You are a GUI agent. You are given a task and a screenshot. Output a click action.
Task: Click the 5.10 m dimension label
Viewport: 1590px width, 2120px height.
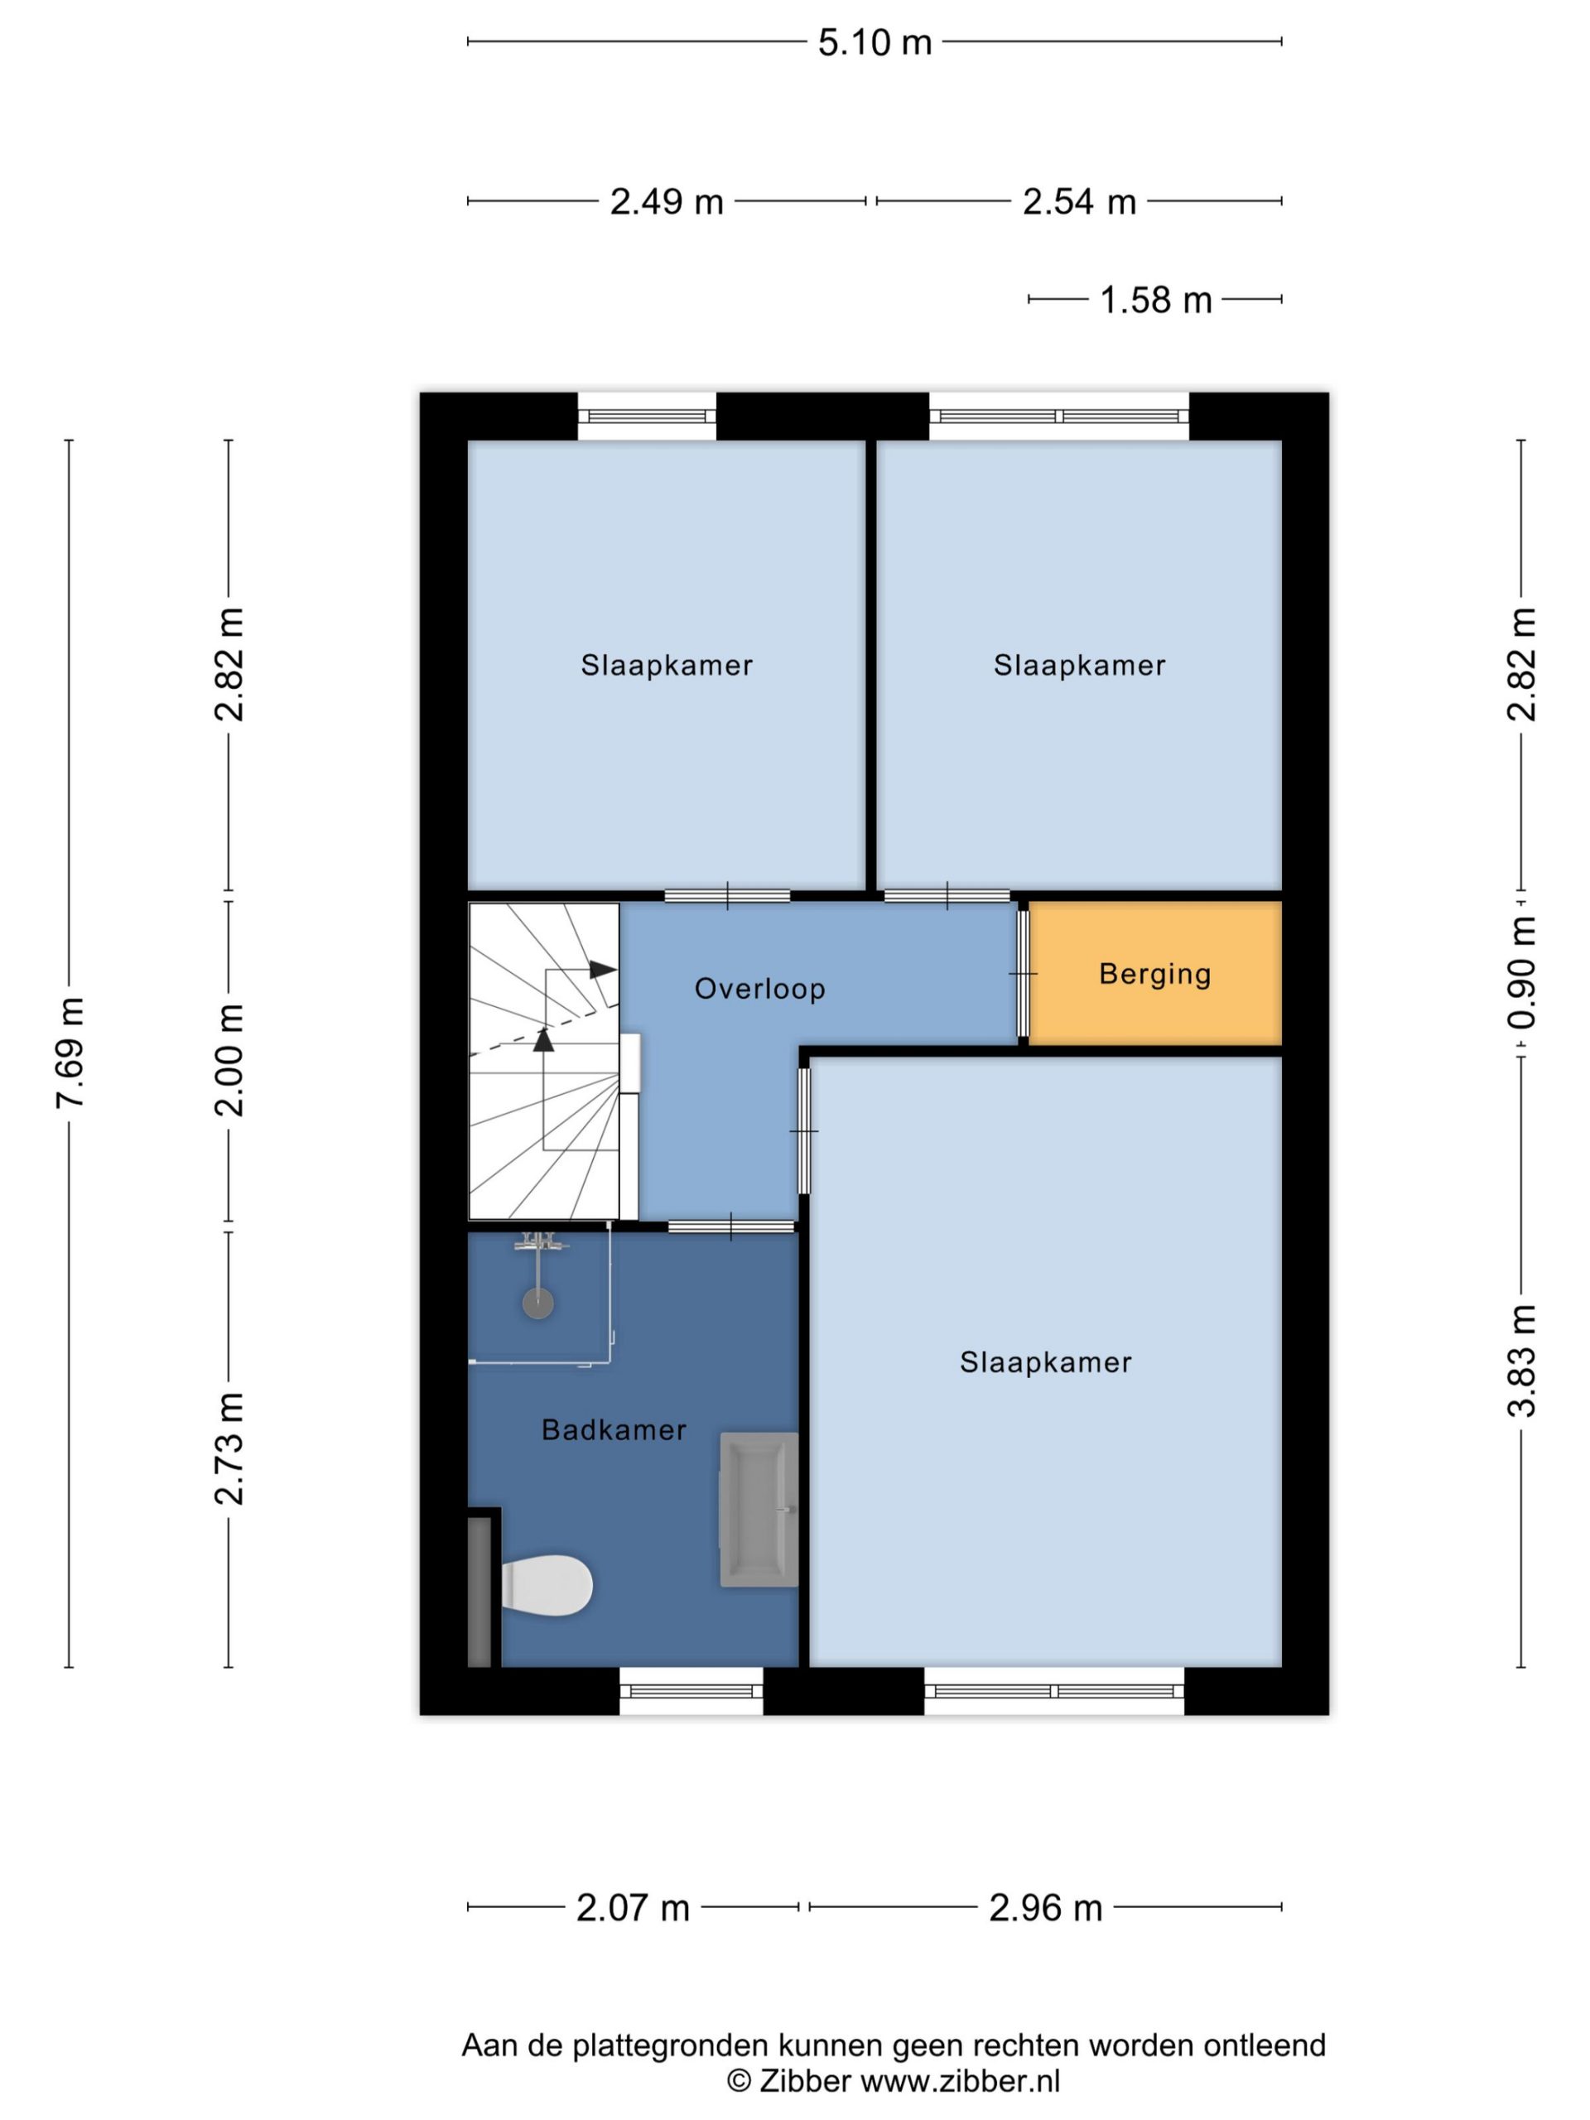(x=874, y=43)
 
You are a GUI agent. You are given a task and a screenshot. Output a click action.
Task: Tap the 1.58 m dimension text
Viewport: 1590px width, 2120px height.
(x=1155, y=300)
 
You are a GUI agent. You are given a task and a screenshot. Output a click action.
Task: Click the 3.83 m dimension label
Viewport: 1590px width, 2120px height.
(x=1521, y=1361)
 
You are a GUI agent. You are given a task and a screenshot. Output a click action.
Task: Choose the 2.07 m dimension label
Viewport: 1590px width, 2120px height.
(x=633, y=1908)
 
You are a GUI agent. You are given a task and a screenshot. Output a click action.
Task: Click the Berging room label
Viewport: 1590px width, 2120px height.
(x=1155, y=974)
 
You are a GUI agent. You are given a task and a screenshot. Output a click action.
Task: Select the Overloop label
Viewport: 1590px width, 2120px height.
(x=760, y=988)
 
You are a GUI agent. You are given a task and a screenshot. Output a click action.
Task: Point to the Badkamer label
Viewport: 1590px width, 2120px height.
(x=614, y=1430)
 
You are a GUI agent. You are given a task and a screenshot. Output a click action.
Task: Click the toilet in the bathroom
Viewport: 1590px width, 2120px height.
(x=547, y=1585)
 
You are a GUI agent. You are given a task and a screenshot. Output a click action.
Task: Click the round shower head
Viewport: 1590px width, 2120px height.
(x=537, y=1303)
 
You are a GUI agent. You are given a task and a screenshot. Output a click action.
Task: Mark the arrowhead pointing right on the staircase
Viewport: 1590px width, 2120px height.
(x=602, y=969)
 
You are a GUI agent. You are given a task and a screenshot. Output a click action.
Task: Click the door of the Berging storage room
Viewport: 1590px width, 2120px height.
(x=1023, y=973)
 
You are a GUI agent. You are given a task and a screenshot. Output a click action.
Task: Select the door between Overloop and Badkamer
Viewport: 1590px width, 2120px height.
(x=730, y=1226)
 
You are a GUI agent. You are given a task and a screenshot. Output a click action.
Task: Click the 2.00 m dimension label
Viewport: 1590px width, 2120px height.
(x=230, y=1060)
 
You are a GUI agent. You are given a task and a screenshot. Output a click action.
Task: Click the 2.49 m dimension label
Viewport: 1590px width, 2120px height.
(x=666, y=202)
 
